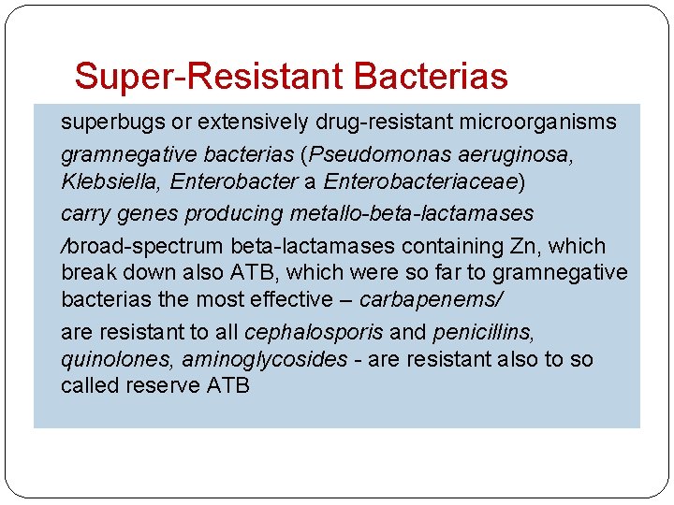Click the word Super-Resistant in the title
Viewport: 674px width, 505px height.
coord(195,76)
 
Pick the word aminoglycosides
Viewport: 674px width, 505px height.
coord(264,359)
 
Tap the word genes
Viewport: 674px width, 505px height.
coord(151,213)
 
